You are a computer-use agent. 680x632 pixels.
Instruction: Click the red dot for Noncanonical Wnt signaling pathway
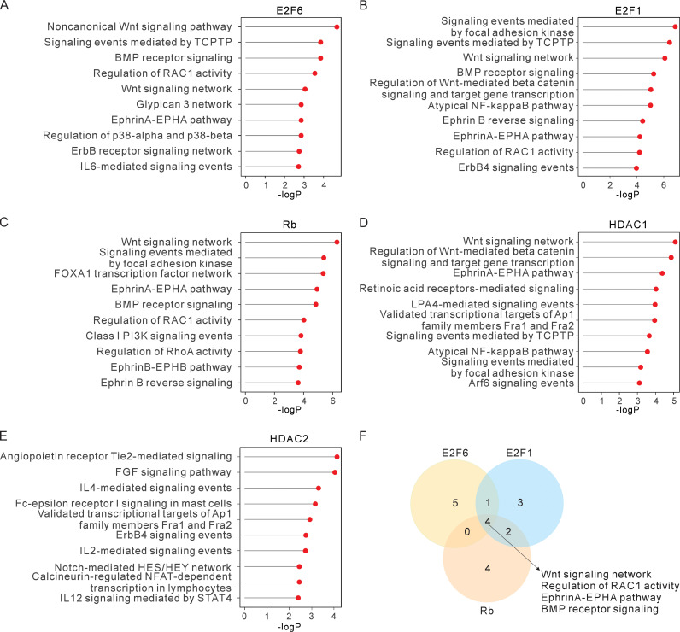tap(337, 26)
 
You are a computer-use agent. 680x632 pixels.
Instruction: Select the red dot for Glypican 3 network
tap(301, 104)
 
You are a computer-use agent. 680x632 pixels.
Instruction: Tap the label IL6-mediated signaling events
tap(163, 167)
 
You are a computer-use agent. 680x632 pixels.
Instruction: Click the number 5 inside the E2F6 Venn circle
tap(456, 503)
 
